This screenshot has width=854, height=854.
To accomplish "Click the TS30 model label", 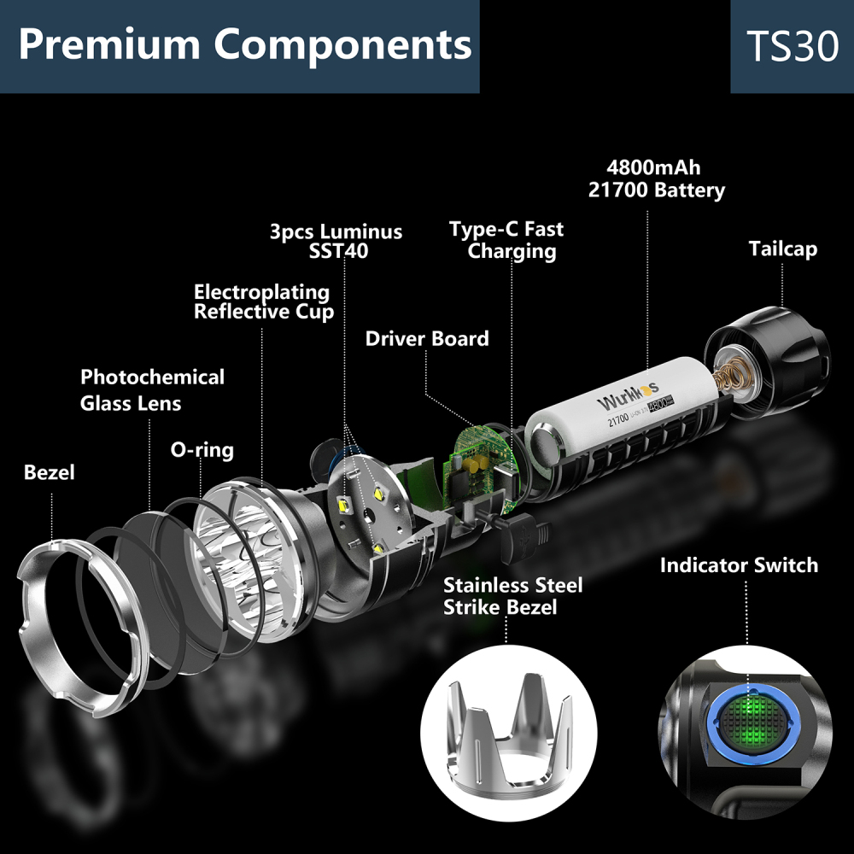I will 792,46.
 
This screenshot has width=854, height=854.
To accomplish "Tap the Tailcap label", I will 782,249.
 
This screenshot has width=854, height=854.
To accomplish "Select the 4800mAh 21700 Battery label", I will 656,179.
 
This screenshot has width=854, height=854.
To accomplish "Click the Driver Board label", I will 427,338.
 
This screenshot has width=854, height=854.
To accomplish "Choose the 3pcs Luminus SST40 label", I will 336,241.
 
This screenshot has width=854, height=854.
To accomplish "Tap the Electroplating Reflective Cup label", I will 263,302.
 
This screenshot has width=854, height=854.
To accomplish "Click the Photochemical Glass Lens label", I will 152,389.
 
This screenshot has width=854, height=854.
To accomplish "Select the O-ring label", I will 202,450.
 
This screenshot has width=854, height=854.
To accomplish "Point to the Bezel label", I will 49,472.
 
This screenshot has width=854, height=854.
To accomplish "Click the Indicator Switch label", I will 739,565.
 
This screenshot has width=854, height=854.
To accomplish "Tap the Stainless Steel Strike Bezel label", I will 512,596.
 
